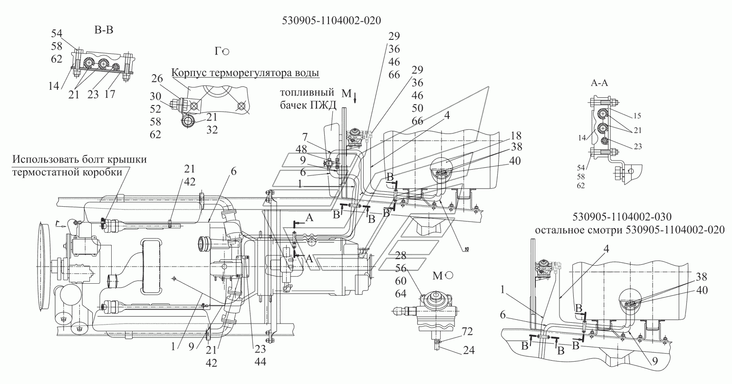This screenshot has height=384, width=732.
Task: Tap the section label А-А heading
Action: point(600,82)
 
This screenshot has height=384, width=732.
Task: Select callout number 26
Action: point(157,77)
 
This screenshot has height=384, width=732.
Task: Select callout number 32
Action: point(211,129)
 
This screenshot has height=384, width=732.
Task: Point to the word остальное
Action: point(559,230)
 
